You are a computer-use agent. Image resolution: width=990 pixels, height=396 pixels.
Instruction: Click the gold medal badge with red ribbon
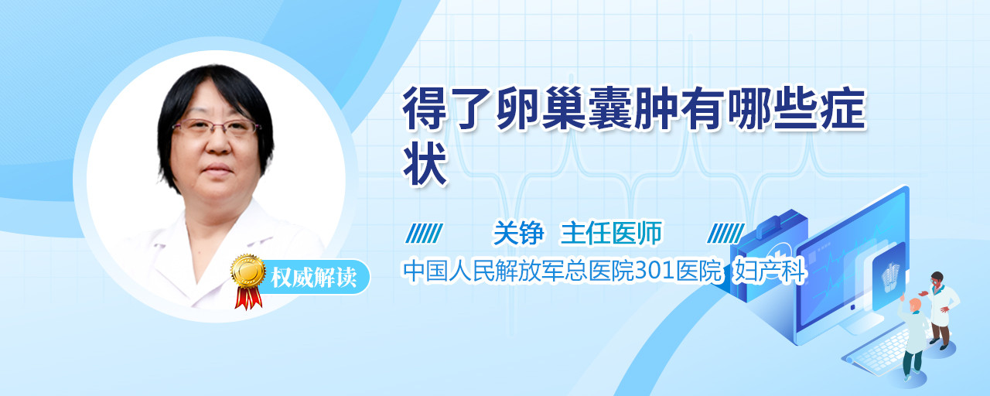point(248,281)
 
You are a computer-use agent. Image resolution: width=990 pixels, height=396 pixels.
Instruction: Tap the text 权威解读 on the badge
point(313,278)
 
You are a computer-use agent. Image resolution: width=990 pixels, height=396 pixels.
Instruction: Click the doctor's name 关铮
point(518,233)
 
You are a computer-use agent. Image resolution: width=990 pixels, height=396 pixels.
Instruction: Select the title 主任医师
point(611,233)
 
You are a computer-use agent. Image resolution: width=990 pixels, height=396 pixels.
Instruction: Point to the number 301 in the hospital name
point(654,271)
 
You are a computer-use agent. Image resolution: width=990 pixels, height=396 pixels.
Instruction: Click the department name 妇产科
point(770,271)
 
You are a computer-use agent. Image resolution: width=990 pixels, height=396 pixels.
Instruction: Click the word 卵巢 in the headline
point(541,108)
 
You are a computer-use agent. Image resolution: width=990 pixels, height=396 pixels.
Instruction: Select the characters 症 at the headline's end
point(842,108)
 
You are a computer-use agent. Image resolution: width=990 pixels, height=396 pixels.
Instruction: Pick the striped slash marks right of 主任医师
point(725,234)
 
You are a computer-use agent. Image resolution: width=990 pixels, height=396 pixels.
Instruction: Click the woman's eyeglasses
point(215,127)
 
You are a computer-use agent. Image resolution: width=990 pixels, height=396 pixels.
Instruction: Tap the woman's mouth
point(217,169)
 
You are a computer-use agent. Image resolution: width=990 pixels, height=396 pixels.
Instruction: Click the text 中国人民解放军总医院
point(518,271)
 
